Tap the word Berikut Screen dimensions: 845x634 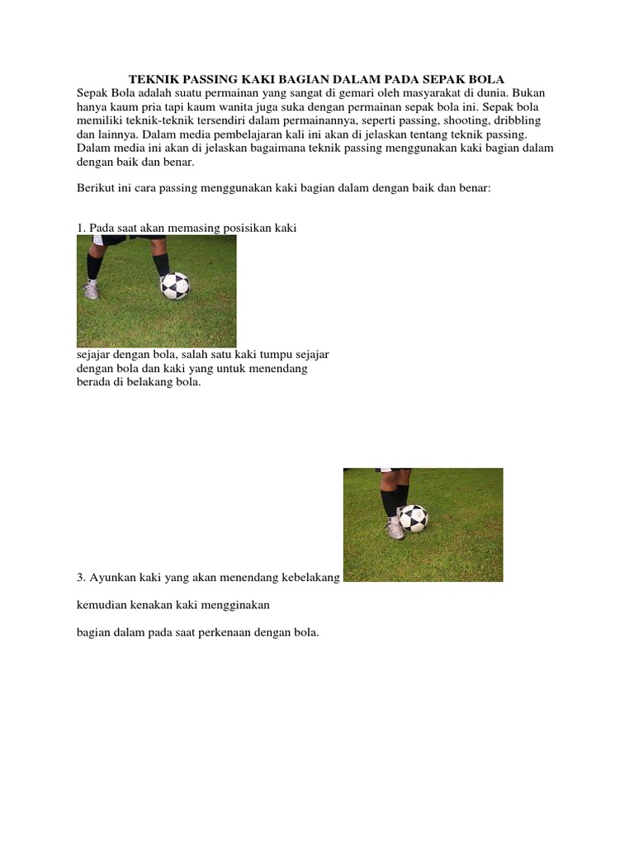click(x=95, y=188)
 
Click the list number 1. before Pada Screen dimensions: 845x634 click(x=81, y=227)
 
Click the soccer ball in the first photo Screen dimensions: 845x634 click(x=175, y=286)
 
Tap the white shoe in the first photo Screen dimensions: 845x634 click(x=91, y=290)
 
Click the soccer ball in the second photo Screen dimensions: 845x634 click(x=413, y=518)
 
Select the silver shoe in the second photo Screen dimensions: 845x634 click(x=395, y=528)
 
